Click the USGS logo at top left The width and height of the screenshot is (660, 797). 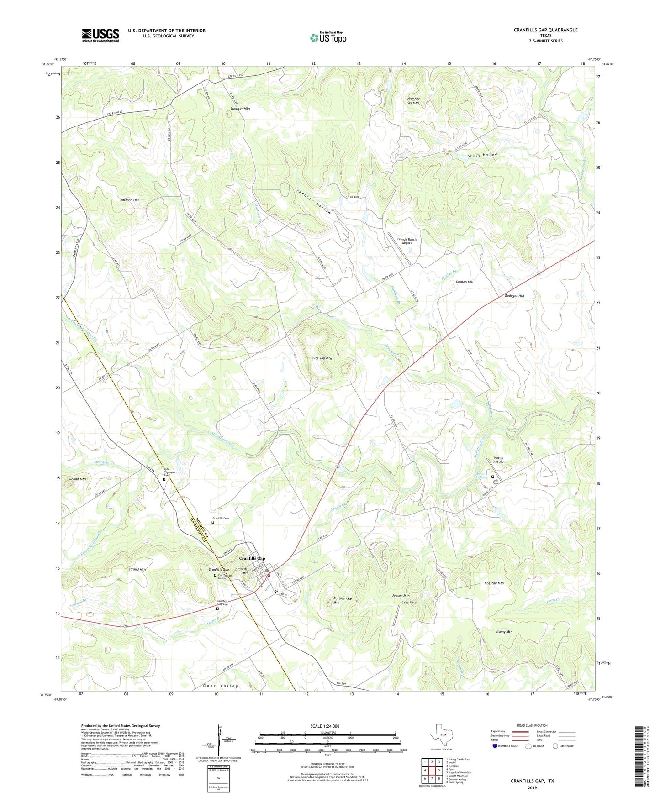click(100, 35)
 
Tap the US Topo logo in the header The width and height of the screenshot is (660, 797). click(328, 37)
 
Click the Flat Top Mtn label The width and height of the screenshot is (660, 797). click(322, 358)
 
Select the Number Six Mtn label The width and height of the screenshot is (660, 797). click(413, 101)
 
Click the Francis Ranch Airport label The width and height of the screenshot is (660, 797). click(407, 241)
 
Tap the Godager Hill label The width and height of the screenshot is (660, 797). click(514, 296)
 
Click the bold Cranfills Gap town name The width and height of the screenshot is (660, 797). click(252, 559)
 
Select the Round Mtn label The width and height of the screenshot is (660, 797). click(77, 479)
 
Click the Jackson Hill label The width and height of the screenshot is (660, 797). click(130, 200)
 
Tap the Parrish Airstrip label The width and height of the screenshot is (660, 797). click(498, 460)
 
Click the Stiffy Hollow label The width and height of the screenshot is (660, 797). click(482, 155)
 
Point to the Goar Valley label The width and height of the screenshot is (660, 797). click(221, 686)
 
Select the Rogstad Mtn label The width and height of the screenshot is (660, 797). click(494, 583)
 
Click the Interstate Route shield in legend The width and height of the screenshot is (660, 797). click(496, 746)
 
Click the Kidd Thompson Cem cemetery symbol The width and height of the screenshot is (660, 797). click(164, 479)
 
